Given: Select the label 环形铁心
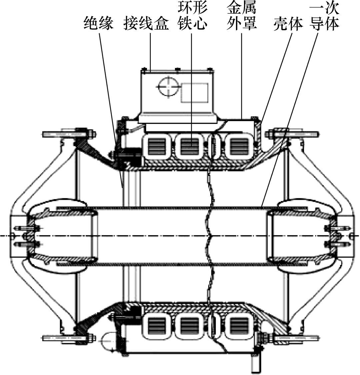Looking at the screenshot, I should pos(192,17).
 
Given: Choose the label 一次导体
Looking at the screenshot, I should pos(324,17).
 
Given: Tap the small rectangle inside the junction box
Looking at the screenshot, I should pos(194,93).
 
